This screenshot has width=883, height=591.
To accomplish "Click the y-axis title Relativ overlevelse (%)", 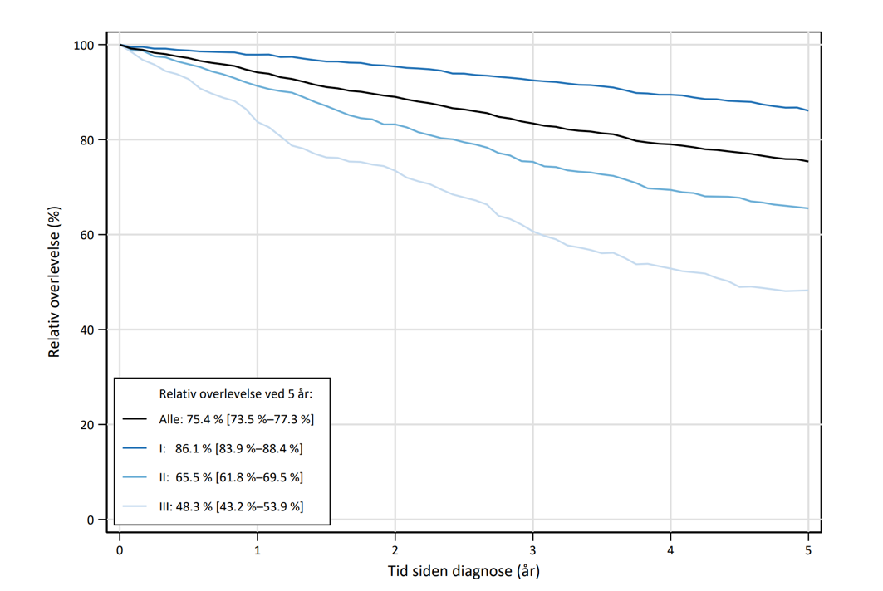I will coord(55,283).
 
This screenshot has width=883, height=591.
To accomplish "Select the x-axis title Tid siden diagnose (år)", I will coord(464,571).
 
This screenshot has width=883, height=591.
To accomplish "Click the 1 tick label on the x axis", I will coord(258,549).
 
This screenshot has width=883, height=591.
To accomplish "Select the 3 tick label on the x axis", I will coord(532,549).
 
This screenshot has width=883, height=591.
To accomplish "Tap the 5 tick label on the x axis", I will coord(807,549).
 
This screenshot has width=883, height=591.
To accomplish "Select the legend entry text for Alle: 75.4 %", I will coord(237,420).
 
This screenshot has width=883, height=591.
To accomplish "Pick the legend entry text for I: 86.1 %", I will coord(231,449).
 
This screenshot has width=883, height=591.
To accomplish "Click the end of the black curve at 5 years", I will coord(807,162).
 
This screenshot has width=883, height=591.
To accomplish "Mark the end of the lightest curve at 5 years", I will coord(807,291).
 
